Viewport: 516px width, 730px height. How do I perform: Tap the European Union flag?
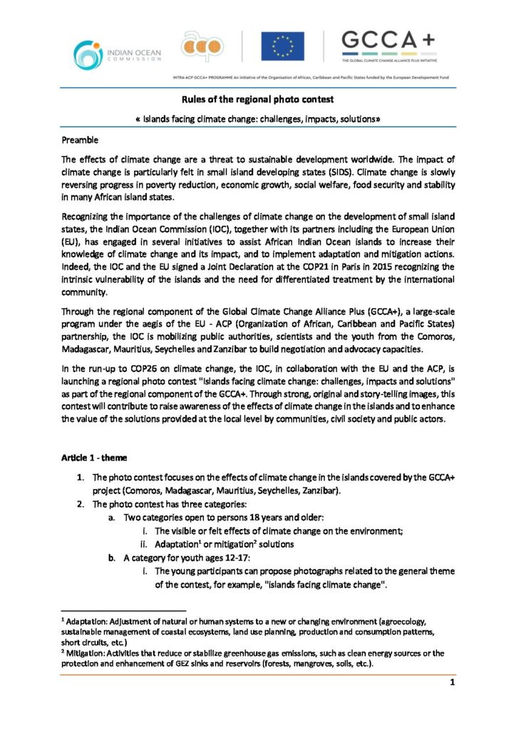click(282, 46)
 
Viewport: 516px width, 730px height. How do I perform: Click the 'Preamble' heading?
click(80, 139)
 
